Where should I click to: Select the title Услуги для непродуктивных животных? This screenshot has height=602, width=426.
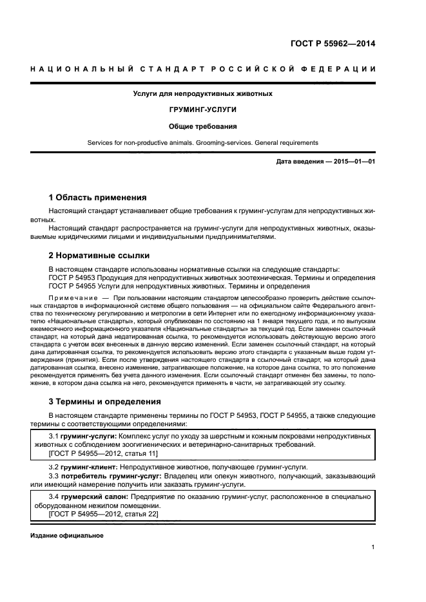coord(202,93)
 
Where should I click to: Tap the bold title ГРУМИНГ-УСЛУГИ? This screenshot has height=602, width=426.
coord(202,110)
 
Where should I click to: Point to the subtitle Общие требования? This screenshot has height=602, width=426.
coord(202,127)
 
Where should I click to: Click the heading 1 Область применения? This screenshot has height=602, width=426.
coord(97,197)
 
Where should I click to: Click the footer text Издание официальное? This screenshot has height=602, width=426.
coord(66,535)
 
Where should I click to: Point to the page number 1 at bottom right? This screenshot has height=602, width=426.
coord(373,547)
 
